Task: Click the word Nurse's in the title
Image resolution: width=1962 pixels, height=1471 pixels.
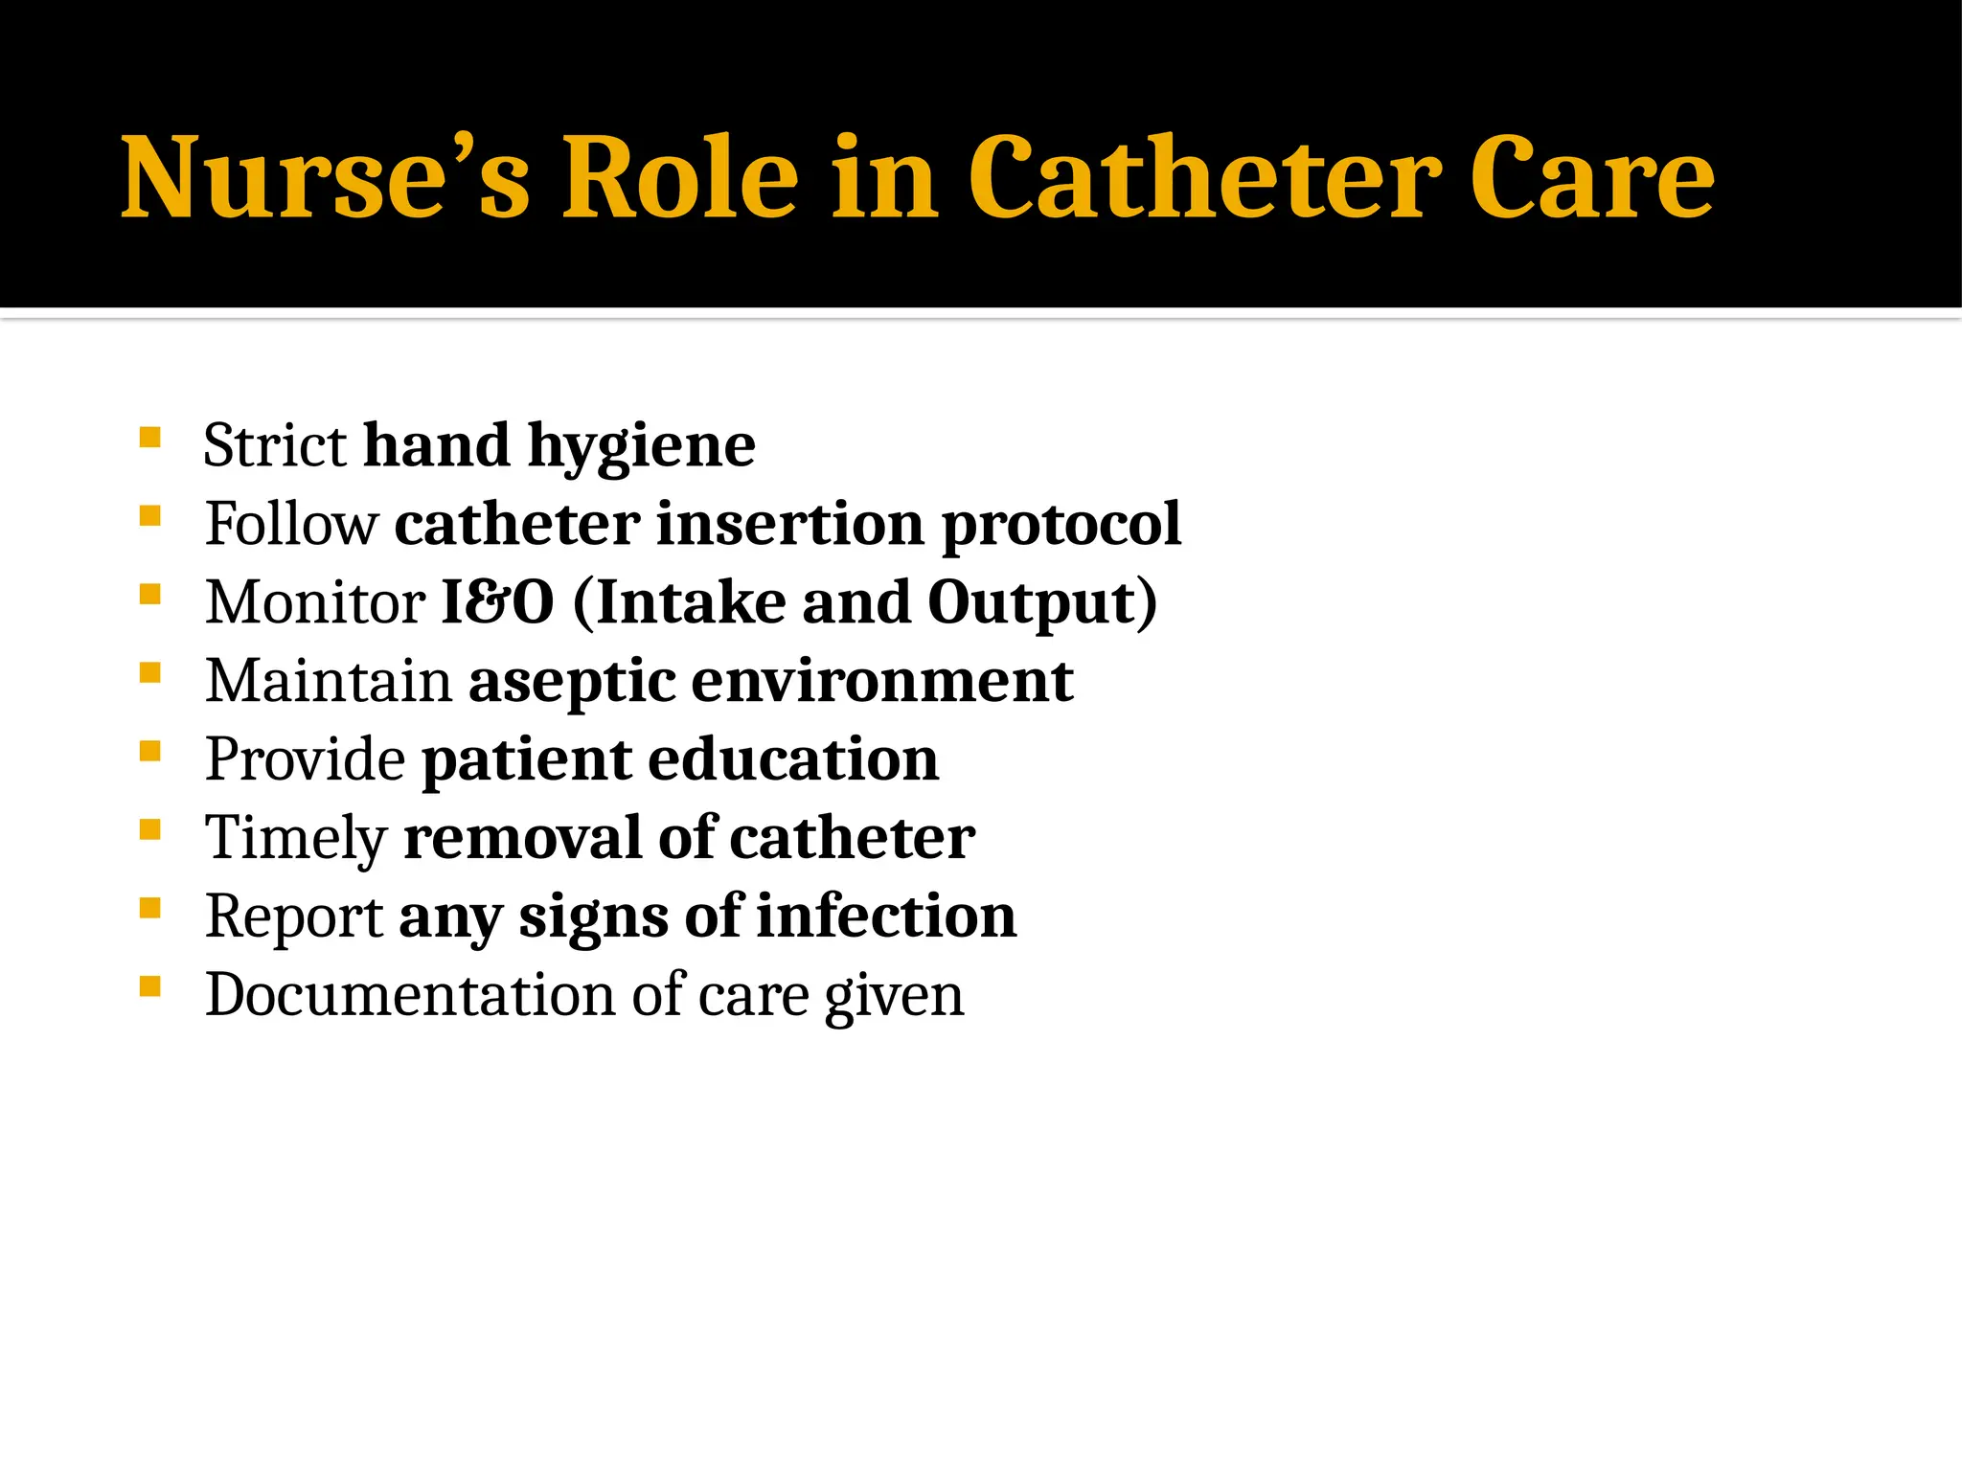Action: (x=325, y=178)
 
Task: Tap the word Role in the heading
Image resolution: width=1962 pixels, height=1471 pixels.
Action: (x=679, y=178)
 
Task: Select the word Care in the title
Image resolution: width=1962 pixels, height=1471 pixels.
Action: (x=1591, y=178)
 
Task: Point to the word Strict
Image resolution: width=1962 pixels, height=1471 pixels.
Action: (x=275, y=446)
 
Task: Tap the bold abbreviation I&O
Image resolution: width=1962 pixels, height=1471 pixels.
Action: (x=497, y=602)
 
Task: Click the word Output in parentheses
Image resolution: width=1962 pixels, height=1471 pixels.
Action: (x=1031, y=604)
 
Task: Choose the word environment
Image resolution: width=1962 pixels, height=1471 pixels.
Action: (x=882, y=681)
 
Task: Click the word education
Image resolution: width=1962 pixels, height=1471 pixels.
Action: (x=793, y=759)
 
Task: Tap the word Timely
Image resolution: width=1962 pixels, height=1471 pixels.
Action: (x=296, y=839)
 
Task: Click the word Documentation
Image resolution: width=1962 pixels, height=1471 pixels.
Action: (x=410, y=995)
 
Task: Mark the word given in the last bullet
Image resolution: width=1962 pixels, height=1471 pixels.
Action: (x=894, y=997)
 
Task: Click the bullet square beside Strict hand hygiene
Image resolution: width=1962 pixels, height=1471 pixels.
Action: (x=149, y=438)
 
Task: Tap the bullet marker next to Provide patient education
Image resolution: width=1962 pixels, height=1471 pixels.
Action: (x=149, y=751)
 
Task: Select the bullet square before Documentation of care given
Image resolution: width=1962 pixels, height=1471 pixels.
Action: (x=149, y=986)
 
